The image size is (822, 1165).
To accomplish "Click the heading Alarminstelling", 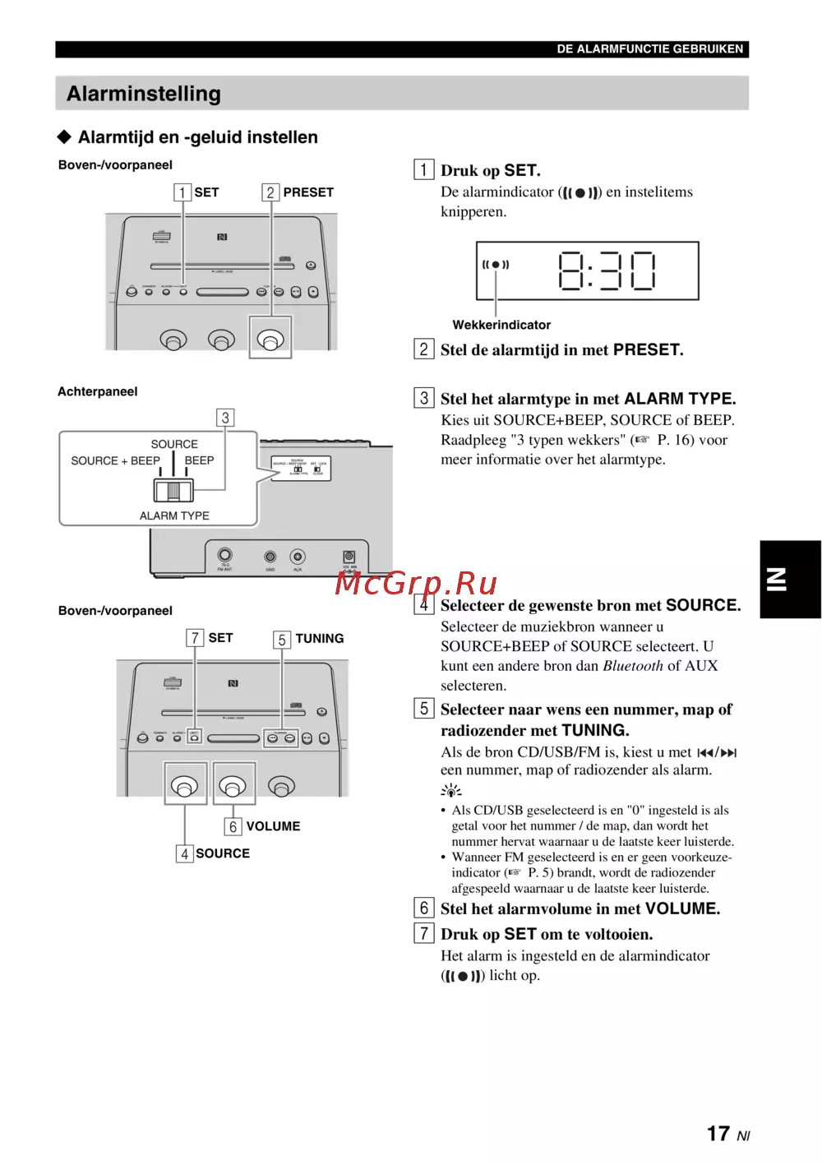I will [144, 94].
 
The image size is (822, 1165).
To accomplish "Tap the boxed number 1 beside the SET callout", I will [182, 192].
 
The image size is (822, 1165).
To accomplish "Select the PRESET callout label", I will [308, 192].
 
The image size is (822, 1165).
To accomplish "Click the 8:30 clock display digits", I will [607, 270].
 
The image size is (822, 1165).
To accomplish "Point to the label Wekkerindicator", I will [501, 325].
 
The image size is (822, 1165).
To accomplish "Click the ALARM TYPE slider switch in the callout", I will [173, 491].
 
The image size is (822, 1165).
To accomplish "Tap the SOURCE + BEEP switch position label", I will [115, 460].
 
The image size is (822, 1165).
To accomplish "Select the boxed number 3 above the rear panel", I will [225, 418].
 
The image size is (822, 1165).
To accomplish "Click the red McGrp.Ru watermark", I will [416, 583].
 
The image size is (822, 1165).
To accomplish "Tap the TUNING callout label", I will [319, 638].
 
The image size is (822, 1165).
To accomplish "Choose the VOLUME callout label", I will [273, 826].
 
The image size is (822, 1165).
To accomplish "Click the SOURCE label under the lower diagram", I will [223, 853].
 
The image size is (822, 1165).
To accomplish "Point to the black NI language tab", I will [790, 579].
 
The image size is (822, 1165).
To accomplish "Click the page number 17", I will [718, 1134].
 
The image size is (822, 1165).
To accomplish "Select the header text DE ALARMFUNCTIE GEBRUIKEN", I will [649, 49].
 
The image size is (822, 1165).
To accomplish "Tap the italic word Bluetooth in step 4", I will [632, 666].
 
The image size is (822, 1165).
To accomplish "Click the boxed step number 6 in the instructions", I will [424, 908].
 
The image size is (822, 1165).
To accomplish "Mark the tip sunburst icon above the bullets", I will [450, 791].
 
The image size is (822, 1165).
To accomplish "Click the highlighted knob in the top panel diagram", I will [270, 338].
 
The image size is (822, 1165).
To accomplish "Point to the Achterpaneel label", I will [98, 391].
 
